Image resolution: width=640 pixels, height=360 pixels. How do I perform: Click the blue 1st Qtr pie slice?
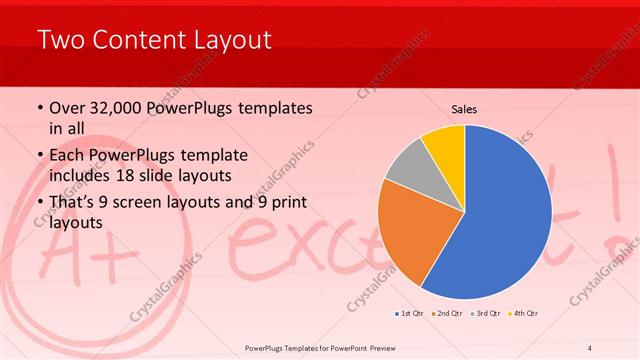coord(505,220)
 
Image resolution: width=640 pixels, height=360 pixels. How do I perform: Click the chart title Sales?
coord(465,108)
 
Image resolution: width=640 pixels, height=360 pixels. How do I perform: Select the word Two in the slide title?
coord(60,41)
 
